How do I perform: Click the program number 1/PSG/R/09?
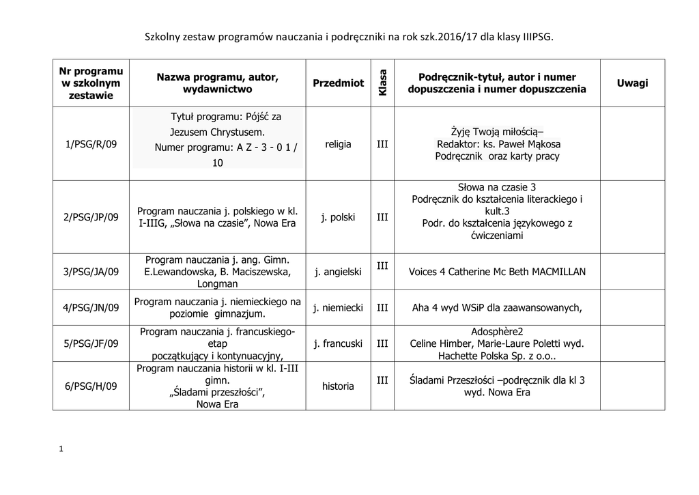click(x=91, y=144)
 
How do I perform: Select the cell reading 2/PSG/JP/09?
click(x=91, y=217)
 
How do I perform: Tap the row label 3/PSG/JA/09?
click(x=91, y=272)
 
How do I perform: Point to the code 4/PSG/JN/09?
click(x=91, y=308)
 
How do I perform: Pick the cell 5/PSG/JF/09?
click(x=91, y=343)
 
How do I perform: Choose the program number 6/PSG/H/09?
click(x=91, y=386)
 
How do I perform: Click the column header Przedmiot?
click(x=338, y=83)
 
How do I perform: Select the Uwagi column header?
click(x=632, y=83)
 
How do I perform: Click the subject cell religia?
click(x=338, y=144)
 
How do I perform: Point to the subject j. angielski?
click(x=338, y=272)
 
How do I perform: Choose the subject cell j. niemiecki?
click(x=338, y=308)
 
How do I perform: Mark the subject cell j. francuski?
click(x=338, y=343)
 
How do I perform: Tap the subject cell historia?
click(x=338, y=386)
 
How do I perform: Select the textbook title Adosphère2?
click(x=496, y=331)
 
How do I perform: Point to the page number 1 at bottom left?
click(x=61, y=449)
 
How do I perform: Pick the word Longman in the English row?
click(x=217, y=283)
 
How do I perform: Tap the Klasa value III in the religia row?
click(x=382, y=144)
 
